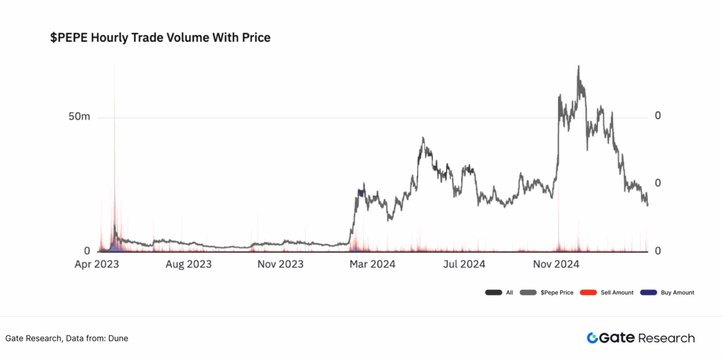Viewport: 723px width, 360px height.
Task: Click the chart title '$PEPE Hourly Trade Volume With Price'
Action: pyautogui.click(x=160, y=38)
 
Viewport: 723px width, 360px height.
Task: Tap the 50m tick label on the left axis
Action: pyautogui.click(x=79, y=116)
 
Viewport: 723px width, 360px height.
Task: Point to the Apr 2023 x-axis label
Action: pyautogui.click(x=97, y=264)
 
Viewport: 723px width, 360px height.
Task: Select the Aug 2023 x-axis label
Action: pyautogui.click(x=188, y=264)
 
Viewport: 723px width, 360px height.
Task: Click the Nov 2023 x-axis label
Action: pyautogui.click(x=280, y=264)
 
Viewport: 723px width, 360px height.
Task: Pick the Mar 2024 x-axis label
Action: pyautogui.click(x=372, y=264)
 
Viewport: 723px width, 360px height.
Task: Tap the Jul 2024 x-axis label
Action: pyautogui.click(x=464, y=264)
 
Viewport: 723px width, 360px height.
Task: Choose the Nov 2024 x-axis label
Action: pyautogui.click(x=556, y=264)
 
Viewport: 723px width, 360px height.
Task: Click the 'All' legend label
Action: pyautogui.click(x=509, y=293)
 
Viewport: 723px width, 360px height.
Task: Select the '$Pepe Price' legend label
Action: pyautogui.click(x=557, y=293)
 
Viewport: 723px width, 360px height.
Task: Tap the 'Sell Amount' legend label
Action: pyautogui.click(x=617, y=293)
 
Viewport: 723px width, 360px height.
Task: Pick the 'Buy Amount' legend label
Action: pyautogui.click(x=677, y=293)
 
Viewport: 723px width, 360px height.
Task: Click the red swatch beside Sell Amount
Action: pyautogui.click(x=588, y=293)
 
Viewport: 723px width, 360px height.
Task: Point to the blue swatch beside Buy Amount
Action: pyautogui.click(x=649, y=293)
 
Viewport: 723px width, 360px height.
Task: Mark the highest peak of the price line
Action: pyautogui.click(x=578, y=66)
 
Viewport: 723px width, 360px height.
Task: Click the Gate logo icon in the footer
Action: pyautogui.click(x=592, y=338)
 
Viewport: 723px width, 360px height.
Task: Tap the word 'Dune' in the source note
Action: pyautogui.click(x=118, y=338)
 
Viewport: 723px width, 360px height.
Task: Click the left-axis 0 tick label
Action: pyautogui.click(x=87, y=251)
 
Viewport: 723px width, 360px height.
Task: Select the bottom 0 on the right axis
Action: pyautogui.click(x=658, y=251)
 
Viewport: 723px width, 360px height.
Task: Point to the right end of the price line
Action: pyautogui.click(x=648, y=204)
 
